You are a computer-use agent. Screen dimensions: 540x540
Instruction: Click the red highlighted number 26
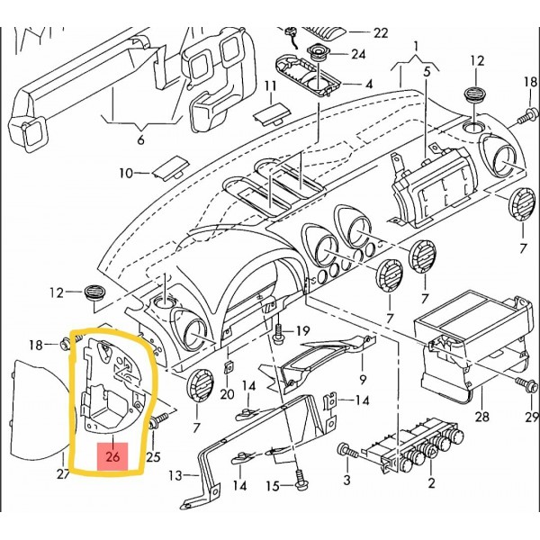point(113,457)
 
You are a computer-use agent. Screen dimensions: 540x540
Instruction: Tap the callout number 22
point(380,32)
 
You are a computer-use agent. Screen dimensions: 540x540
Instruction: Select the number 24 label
point(359,53)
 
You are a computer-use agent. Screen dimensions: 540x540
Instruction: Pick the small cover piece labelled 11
point(268,113)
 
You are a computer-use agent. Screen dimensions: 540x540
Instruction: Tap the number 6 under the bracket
point(139,141)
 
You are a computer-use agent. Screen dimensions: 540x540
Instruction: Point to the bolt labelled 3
point(344,448)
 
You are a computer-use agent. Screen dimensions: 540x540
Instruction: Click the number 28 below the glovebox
point(481,417)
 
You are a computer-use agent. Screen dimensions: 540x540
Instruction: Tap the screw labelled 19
point(282,330)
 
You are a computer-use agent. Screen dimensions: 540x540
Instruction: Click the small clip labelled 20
point(229,368)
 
